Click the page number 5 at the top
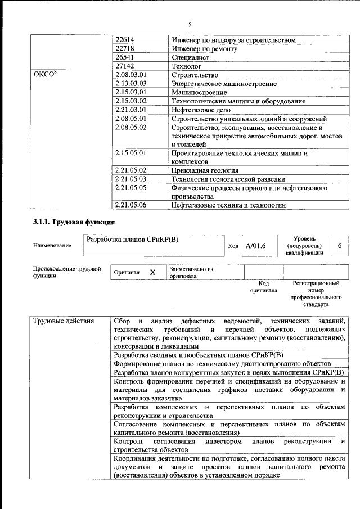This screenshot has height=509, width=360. (190, 24)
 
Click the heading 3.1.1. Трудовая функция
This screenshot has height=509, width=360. (70, 223)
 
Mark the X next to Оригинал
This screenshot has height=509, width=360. (152, 272)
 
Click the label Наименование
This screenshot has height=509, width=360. (52, 246)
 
